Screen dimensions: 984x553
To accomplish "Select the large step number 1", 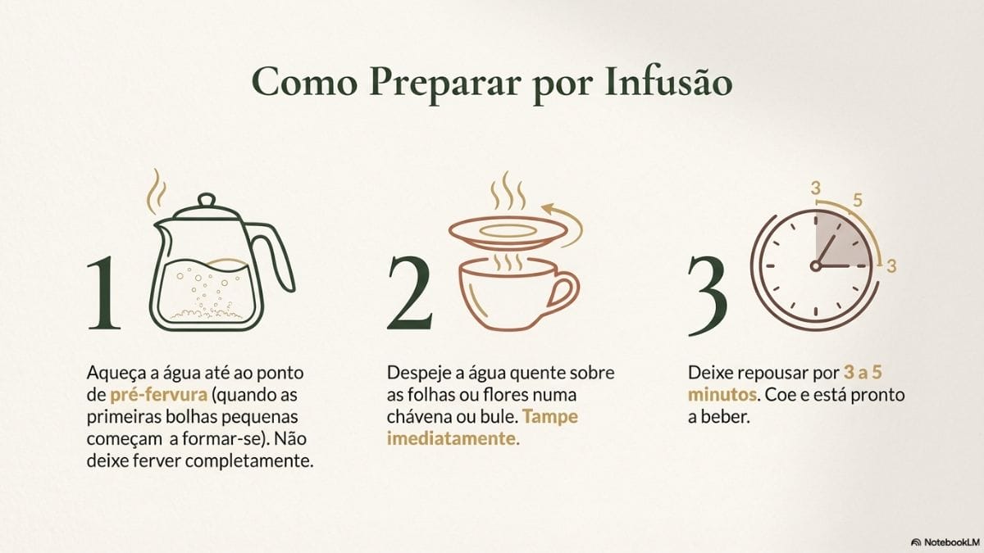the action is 103,292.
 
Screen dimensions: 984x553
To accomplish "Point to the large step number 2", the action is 409,292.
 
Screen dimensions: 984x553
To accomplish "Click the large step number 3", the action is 708,296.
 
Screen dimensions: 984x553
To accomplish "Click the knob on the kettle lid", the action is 207,201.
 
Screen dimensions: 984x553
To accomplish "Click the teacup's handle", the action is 563,291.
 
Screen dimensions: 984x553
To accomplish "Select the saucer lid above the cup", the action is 508,233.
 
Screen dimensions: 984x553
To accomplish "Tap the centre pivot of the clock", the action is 816,265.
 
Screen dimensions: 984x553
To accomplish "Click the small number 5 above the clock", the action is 858,200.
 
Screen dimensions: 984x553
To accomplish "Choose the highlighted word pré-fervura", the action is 158,395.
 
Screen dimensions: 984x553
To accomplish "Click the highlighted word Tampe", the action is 550,417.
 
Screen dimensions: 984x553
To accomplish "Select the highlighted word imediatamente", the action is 453,438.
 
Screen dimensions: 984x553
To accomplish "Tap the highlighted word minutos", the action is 722,395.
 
